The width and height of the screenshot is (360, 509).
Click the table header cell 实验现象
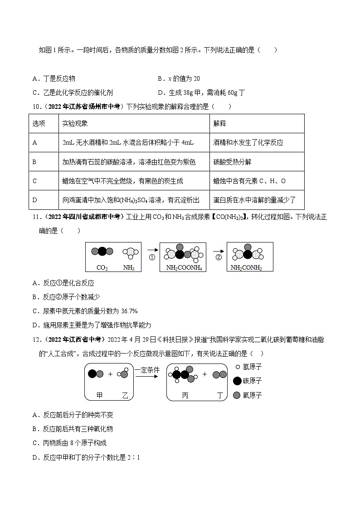75,123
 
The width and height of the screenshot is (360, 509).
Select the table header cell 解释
219,123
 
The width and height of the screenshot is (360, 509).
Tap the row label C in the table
35,181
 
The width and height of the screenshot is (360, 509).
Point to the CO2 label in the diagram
102,268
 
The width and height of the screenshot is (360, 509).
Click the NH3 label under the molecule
129,268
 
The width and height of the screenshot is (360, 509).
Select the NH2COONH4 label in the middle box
184,268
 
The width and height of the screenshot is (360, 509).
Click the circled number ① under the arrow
152,258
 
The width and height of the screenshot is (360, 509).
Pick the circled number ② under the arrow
219,258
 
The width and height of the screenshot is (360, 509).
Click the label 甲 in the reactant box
100,395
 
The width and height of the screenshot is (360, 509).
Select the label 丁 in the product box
220,395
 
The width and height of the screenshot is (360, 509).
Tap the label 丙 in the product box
185,395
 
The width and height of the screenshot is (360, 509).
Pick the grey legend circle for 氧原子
236,395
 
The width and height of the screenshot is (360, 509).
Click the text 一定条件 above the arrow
147,370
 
